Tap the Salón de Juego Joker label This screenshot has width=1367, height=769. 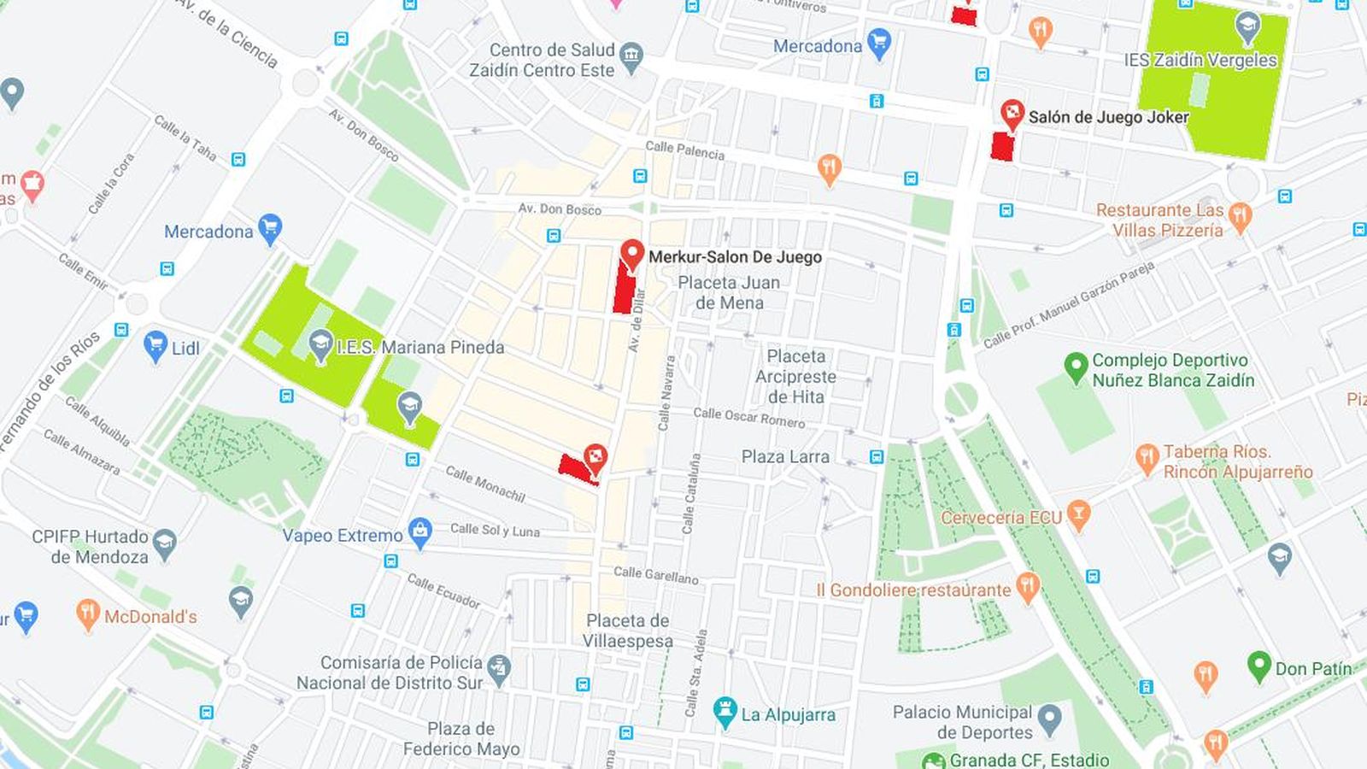pyautogui.click(x=1108, y=117)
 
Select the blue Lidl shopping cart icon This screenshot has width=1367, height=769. pyautogui.click(x=155, y=346)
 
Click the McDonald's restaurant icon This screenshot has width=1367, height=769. pyautogui.click(x=87, y=613)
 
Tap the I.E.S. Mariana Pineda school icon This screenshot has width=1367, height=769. pyautogui.click(x=320, y=346)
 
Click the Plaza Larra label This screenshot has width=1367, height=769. pyautogui.click(x=785, y=457)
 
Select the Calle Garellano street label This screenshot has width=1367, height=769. pyautogui.click(x=655, y=575)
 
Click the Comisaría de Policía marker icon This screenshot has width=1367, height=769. pyautogui.click(x=499, y=669)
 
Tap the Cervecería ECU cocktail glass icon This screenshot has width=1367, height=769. pyautogui.click(x=1079, y=515)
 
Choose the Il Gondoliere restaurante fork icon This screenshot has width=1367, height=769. pyautogui.click(x=1028, y=587)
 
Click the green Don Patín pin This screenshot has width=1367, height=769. pyautogui.click(x=1259, y=665)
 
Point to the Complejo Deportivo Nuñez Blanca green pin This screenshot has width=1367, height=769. pyautogui.click(x=1076, y=367)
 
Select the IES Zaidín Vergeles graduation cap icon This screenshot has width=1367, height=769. pyautogui.click(x=1247, y=26)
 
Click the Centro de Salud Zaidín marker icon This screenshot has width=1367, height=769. pyautogui.click(x=631, y=57)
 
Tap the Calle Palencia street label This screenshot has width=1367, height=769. pyautogui.click(x=684, y=150)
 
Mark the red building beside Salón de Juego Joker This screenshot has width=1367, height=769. pyautogui.click(x=1001, y=146)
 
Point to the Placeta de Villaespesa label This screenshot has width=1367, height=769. pyautogui.click(x=628, y=631)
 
